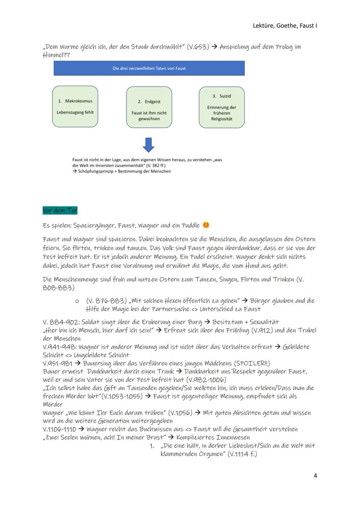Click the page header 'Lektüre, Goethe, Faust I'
pos(285,26)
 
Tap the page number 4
pos(315,476)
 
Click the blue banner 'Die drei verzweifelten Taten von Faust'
pos(149,68)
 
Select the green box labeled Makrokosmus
pos(75,106)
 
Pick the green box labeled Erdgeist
pos(149,107)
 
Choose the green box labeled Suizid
pos(221,107)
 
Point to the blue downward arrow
pos(149,145)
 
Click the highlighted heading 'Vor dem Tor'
pos(60,211)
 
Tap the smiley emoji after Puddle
pos(206,225)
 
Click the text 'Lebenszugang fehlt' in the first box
pos(75,112)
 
